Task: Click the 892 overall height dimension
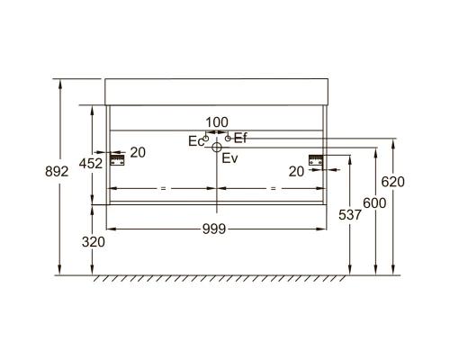click(x=57, y=172)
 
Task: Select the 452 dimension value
click(x=91, y=164)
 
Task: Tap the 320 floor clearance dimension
click(x=94, y=242)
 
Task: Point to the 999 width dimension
click(x=214, y=229)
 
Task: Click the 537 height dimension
click(x=350, y=215)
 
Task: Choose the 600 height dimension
click(x=374, y=203)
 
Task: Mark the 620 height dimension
click(x=392, y=182)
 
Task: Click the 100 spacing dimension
click(x=217, y=122)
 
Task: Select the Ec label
click(x=196, y=141)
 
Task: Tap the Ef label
click(x=240, y=138)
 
